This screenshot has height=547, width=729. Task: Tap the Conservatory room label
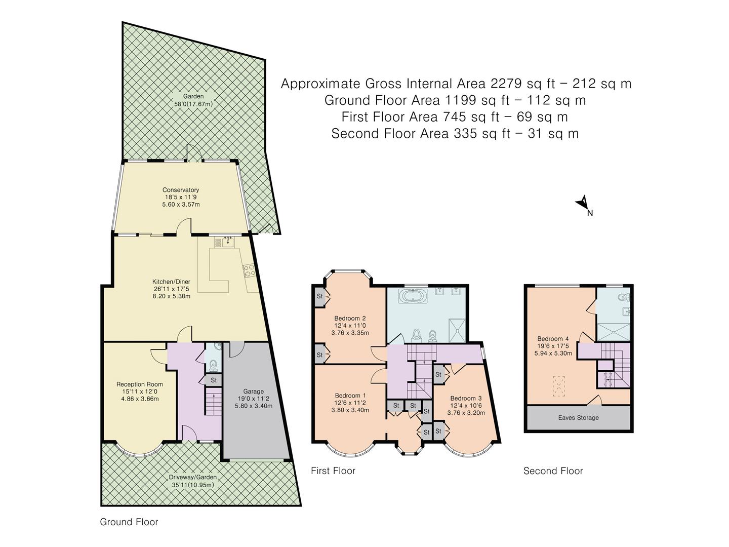tap(181, 190)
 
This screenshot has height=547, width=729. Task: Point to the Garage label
tap(254, 391)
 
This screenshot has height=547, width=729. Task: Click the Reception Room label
tap(140, 384)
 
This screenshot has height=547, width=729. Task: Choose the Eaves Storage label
tap(579, 418)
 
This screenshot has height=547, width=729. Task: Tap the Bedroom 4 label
tap(553, 339)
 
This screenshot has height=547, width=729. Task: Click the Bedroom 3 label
tap(466, 398)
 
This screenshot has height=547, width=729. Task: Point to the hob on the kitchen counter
tap(249, 270)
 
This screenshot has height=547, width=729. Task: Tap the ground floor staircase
tap(214, 403)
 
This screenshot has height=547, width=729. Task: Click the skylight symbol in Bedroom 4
tap(559, 386)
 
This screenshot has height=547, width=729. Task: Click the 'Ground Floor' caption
tap(129, 522)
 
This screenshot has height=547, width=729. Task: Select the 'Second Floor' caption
tap(553, 471)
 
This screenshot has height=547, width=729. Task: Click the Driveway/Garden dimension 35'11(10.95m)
tap(193, 485)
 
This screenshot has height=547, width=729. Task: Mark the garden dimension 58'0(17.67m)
tap(193, 104)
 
